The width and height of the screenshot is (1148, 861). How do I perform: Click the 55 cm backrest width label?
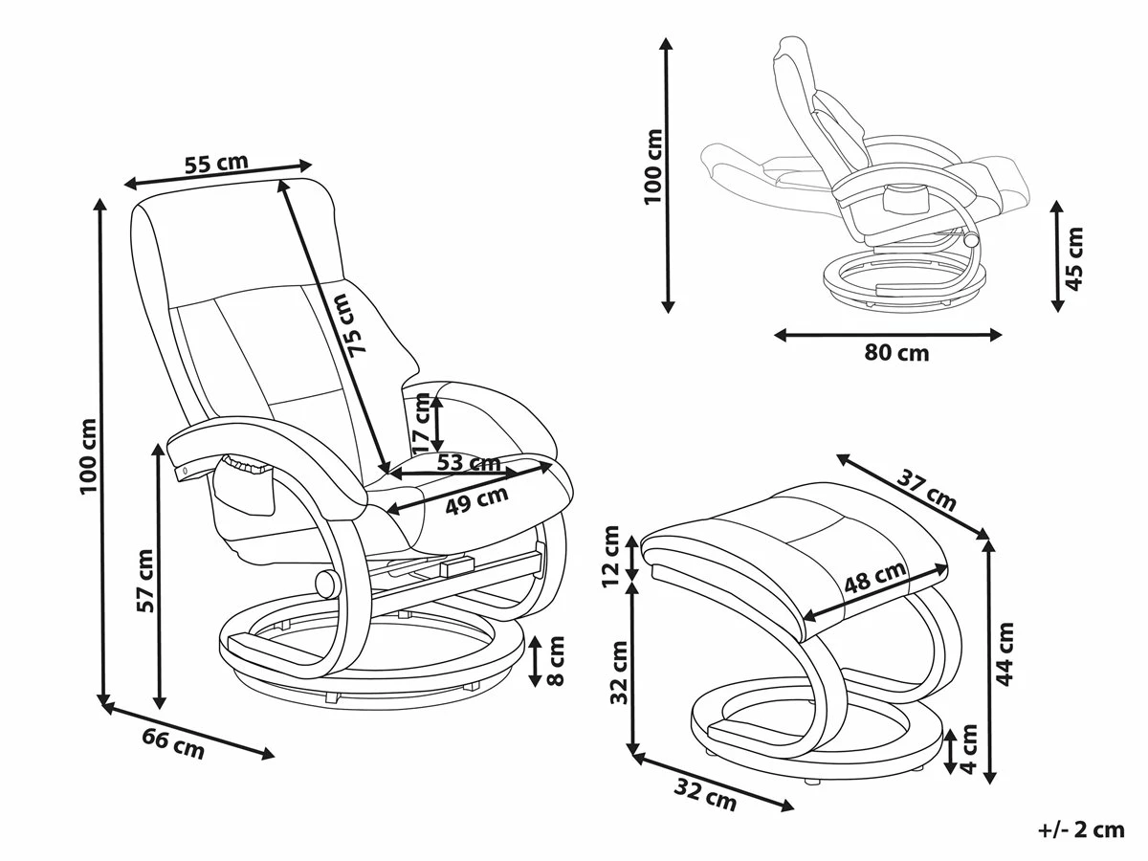[x=215, y=164]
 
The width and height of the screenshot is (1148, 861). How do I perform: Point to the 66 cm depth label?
[x=174, y=743]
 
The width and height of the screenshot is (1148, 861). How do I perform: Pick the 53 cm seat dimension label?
[x=469, y=463]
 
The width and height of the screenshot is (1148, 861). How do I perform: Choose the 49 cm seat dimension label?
[x=476, y=499]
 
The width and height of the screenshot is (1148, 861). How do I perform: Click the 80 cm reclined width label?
[x=896, y=353]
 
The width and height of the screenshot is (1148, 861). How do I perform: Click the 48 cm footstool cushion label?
[x=875, y=577]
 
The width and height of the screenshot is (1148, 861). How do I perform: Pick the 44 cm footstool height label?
[x=1005, y=653]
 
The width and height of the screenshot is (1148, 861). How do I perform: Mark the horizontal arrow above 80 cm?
[x=888, y=335]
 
